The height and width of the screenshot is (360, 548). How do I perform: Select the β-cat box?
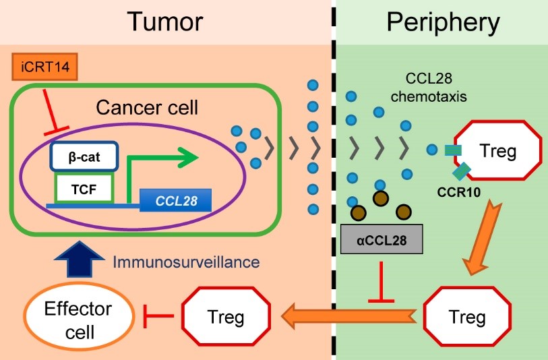(84, 156)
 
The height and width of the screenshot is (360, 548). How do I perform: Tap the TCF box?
(83, 187)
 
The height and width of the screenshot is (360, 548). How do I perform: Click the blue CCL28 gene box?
(175, 200)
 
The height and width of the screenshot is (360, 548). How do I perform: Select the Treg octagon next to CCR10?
(497, 152)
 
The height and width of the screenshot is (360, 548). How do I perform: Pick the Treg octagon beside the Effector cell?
(226, 316)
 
